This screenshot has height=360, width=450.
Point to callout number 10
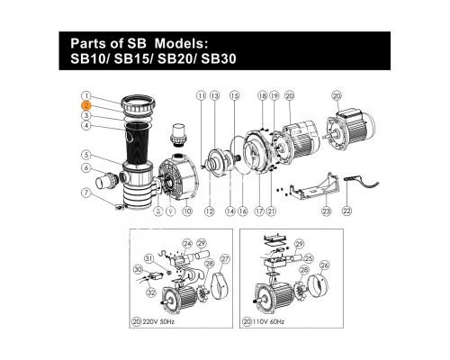(187, 211)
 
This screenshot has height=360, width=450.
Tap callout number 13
(216, 94)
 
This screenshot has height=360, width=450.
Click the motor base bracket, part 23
(319, 190)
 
